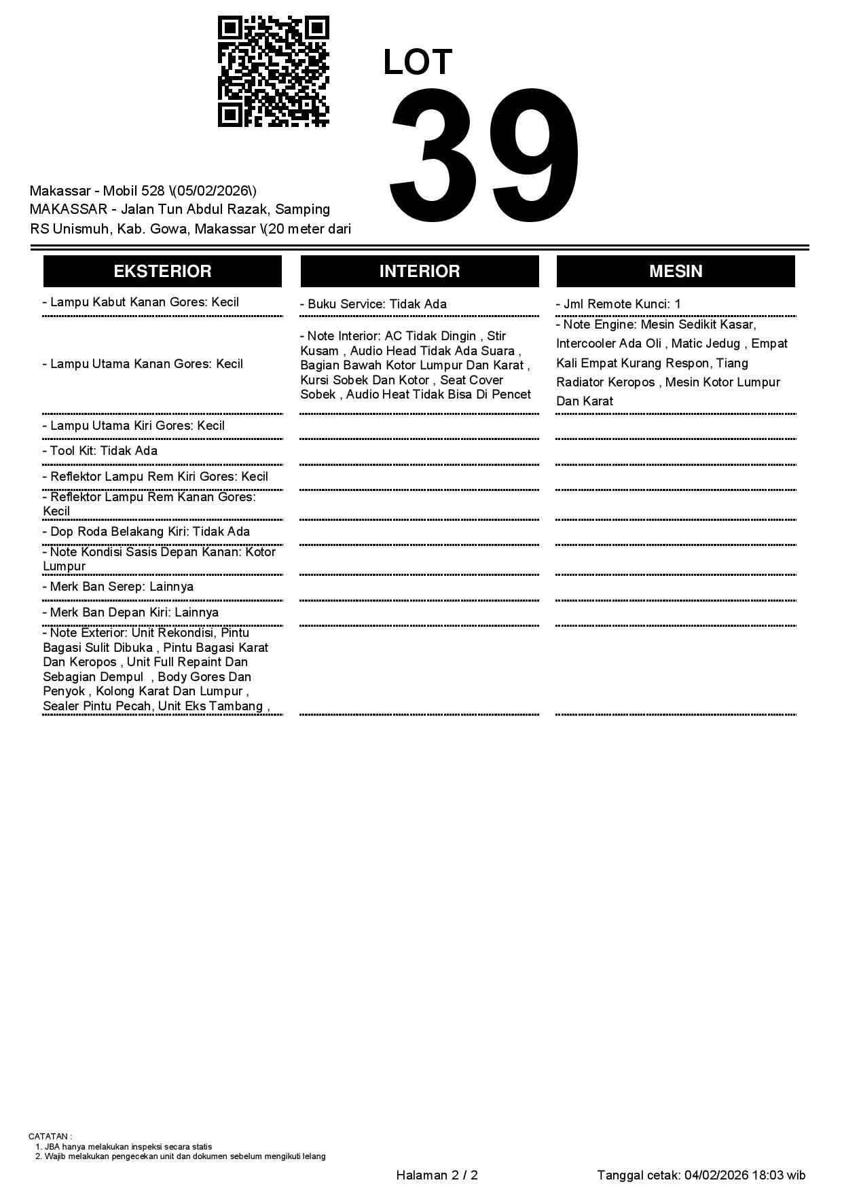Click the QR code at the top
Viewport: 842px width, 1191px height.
pyautogui.click(x=273, y=71)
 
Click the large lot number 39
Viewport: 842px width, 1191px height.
pyautogui.click(x=484, y=155)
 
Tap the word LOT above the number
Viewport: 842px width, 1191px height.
pyautogui.click(x=417, y=62)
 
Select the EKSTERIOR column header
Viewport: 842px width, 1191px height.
pyautogui.click(x=162, y=271)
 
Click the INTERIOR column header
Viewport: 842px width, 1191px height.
pyautogui.click(x=419, y=271)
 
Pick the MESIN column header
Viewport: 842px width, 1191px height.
pyautogui.click(x=675, y=271)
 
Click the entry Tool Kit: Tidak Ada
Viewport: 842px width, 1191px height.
pyautogui.click(x=100, y=451)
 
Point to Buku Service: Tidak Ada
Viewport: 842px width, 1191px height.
pyautogui.click(x=373, y=304)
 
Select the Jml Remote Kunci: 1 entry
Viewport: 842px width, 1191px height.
pyautogui.click(x=619, y=304)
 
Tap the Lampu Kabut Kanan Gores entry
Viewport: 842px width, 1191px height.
pyautogui.click(x=141, y=302)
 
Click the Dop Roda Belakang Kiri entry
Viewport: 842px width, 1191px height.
pyautogui.click(x=146, y=532)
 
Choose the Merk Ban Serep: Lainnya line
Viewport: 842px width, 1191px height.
pyautogui.click(x=118, y=587)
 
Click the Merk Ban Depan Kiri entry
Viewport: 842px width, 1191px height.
pyautogui.click(x=130, y=612)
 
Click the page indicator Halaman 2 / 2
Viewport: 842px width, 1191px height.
pyautogui.click(x=437, y=1175)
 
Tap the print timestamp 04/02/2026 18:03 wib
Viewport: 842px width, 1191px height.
pyautogui.click(x=745, y=1175)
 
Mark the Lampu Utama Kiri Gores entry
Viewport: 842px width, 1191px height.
pyautogui.click(x=134, y=426)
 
